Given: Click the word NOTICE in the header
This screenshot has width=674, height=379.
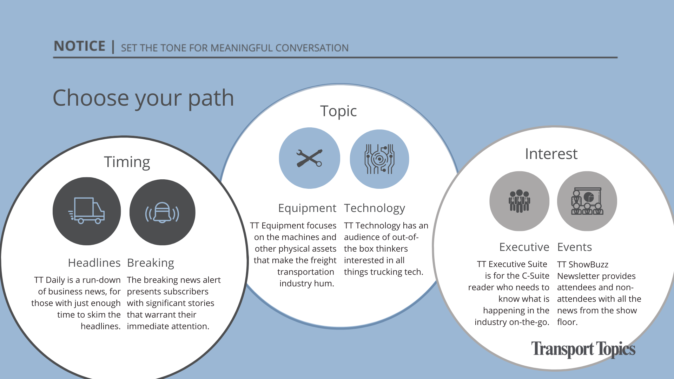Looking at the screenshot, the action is coord(80,46).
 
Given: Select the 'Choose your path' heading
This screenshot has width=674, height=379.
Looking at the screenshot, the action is coord(143,98).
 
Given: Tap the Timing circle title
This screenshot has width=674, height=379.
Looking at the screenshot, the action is coord(127,162).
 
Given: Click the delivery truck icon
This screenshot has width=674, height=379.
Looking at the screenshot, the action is coord(86,211).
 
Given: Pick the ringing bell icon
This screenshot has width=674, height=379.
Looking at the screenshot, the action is coord(162,213).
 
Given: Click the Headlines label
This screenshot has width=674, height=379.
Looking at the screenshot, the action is coord(94,263).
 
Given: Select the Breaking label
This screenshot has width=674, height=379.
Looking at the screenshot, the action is coord(151,263).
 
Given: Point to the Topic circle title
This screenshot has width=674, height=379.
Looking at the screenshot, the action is coord(338,112).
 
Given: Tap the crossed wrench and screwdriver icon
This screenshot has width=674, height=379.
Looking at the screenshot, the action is coord(309,158).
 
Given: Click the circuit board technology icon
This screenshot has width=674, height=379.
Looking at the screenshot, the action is coord(379,159).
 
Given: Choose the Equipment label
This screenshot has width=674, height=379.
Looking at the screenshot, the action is coord(307,208).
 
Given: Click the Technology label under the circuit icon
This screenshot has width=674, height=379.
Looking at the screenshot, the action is coord(375,208).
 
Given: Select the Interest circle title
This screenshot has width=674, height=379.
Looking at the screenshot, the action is coord(551,154).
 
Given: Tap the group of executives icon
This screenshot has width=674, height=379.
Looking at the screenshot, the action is coord(520,201).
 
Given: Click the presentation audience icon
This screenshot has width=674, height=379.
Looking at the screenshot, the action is coord(587,201).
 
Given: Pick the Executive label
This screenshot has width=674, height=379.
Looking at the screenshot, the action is coord(524,247).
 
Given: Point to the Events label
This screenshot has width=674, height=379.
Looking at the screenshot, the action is coord(575,247).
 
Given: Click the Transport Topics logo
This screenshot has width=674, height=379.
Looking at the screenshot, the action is coord(583,350).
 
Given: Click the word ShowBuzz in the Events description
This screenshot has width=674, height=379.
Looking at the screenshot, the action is coord(588,265).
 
